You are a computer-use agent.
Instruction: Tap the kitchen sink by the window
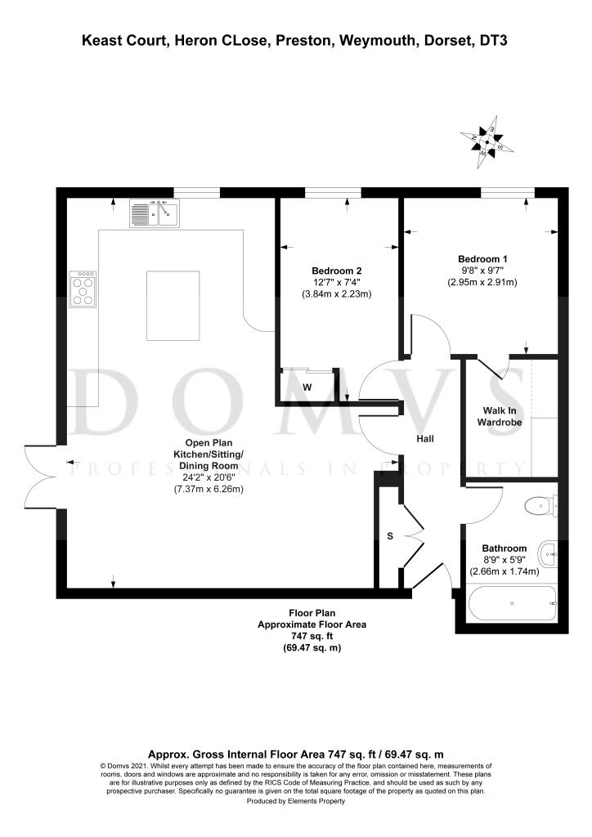(153, 214)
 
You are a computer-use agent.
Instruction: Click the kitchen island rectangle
(173, 306)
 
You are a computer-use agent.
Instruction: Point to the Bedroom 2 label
(336, 271)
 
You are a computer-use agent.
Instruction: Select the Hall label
(424, 439)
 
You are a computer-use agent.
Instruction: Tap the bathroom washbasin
(549, 555)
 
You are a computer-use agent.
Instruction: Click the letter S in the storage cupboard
(390, 537)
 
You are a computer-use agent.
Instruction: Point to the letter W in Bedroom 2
(307, 387)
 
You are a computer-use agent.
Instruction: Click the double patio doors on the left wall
(41, 477)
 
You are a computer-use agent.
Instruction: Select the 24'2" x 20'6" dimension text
(208, 477)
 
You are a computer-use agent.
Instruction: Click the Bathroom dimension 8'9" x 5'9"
(504, 560)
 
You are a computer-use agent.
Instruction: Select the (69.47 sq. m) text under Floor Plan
(305, 647)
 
